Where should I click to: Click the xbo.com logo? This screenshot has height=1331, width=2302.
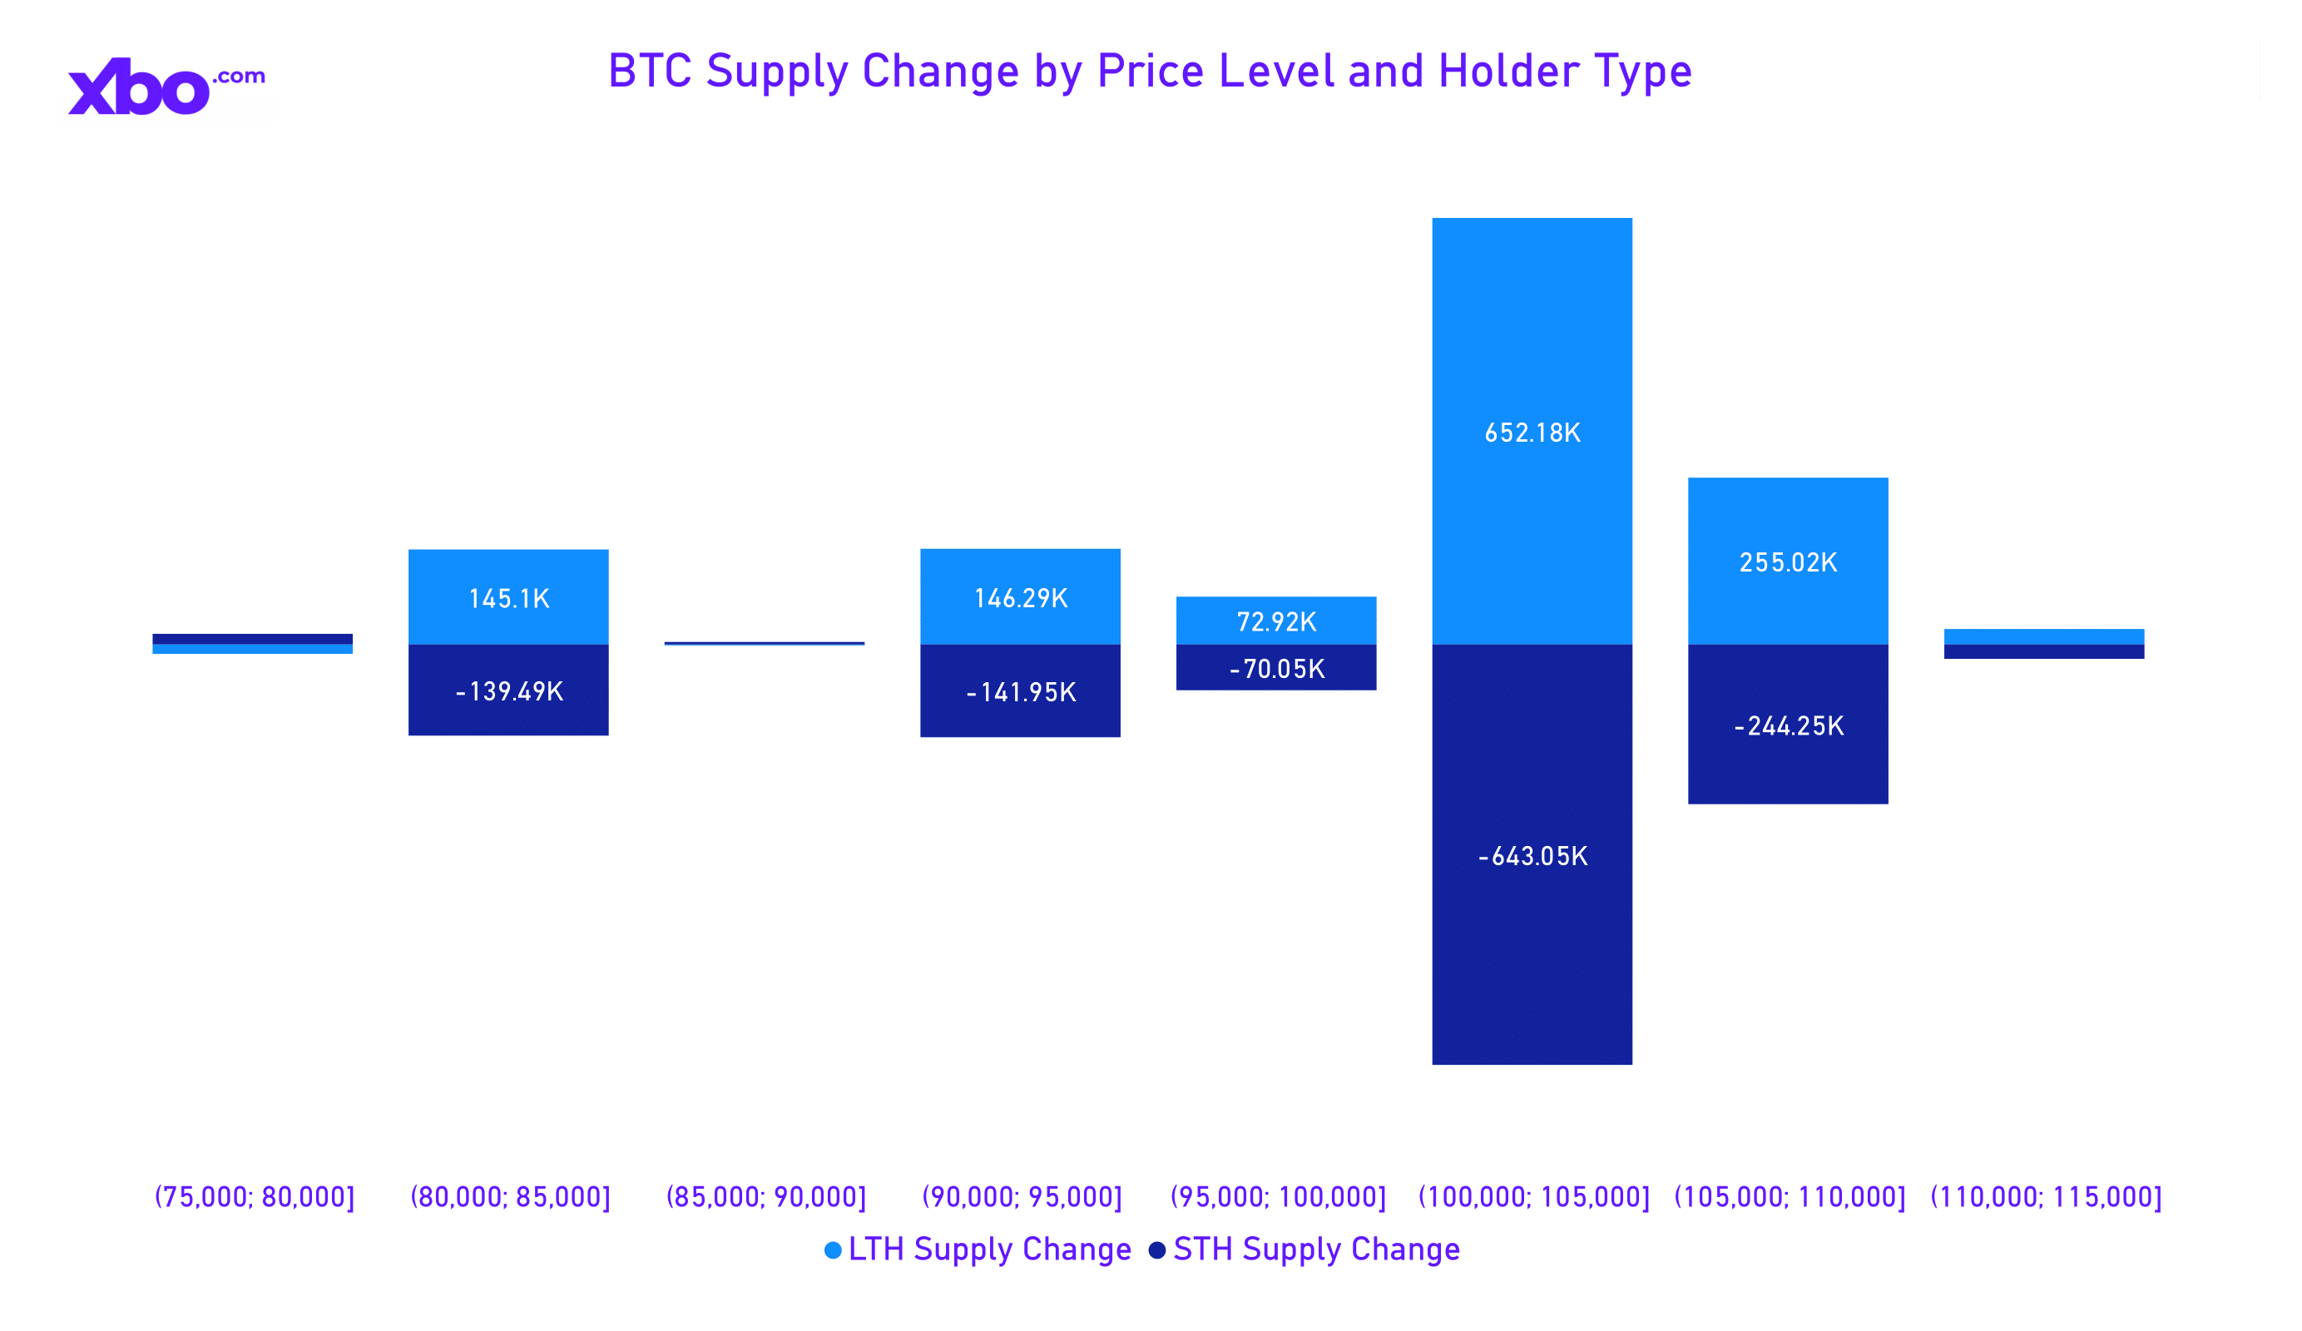tap(166, 87)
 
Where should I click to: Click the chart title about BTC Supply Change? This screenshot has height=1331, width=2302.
tap(1149, 72)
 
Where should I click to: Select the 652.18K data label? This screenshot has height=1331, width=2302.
tap(1532, 433)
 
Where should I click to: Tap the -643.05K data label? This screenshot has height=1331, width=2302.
tap(1532, 856)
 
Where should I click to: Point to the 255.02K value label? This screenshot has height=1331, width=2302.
tap(1788, 562)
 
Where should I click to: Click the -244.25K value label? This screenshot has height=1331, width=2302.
tap(1788, 726)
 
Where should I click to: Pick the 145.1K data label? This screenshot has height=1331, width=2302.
tap(509, 599)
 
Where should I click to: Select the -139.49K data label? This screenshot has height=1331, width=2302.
tap(509, 691)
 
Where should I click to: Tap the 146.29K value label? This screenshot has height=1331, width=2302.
tap(1020, 598)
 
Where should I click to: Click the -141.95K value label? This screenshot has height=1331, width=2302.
tap(1020, 692)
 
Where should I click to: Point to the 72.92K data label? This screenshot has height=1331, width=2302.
tap(1276, 622)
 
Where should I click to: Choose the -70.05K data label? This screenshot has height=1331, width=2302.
tap(1276, 669)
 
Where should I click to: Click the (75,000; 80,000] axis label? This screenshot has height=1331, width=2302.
tap(254, 1197)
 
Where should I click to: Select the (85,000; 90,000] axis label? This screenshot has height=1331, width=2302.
tap(765, 1197)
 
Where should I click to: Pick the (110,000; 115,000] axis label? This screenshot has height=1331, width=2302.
tap(2045, 1197)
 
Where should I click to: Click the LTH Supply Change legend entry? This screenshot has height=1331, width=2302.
tap(978, 1249)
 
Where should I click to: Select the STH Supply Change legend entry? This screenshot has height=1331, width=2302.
tap(1304, 1249)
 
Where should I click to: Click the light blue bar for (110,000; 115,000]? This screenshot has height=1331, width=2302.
tap(2043, 636)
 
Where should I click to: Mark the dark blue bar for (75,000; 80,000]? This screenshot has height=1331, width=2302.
tap(252, 639)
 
